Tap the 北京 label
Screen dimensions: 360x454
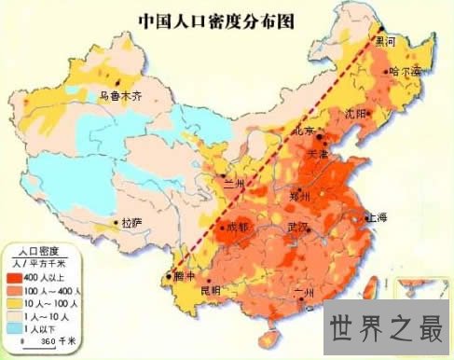point(306,132)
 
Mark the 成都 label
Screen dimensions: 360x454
point(237,227)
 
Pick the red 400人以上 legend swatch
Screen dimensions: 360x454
point(22,277)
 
